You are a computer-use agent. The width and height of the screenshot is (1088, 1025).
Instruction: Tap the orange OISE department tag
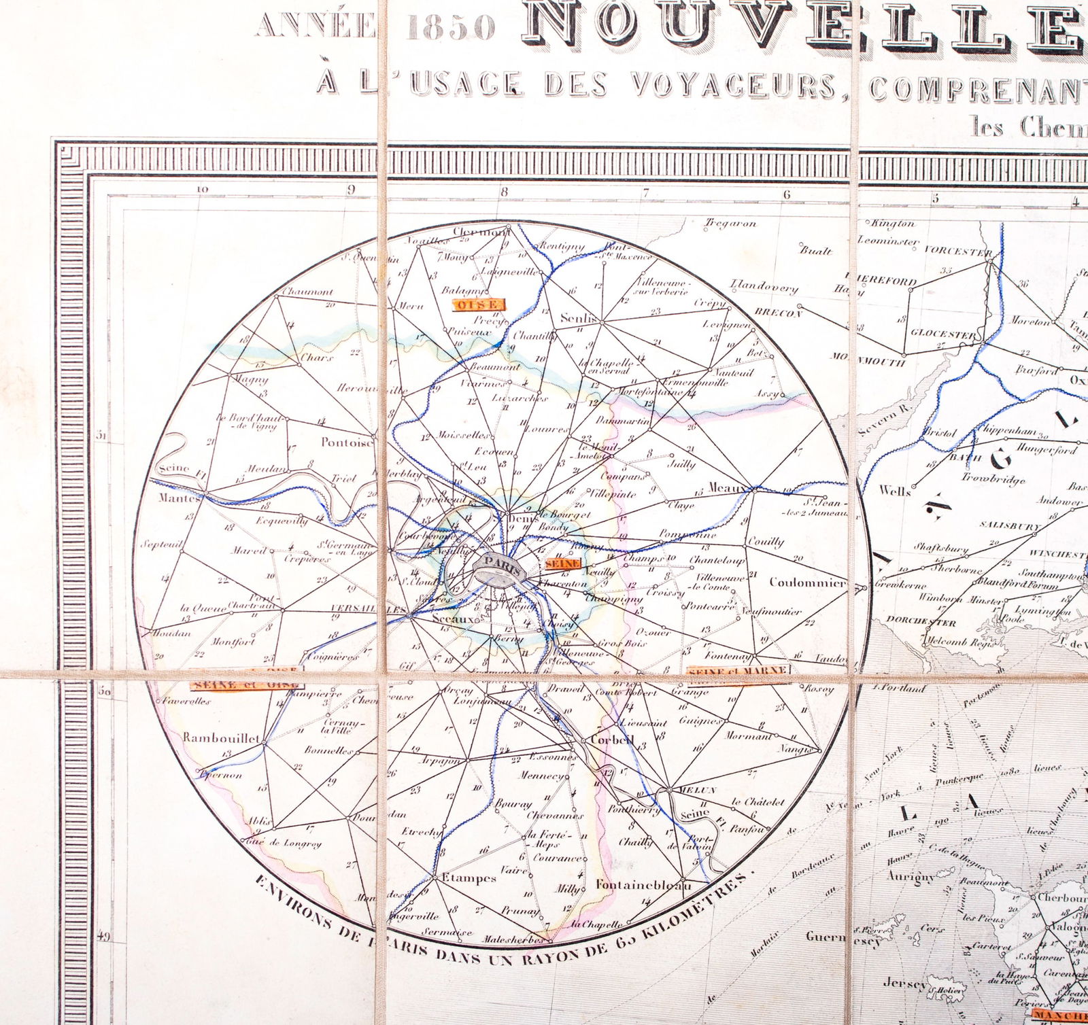pyautogui.click(x=479, y=305)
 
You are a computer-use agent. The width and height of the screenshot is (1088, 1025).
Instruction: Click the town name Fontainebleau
pyautogui.click(x=643, y=885)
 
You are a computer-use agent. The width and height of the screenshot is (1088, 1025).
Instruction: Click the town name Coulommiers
pyautogui.click(x=808, y=583)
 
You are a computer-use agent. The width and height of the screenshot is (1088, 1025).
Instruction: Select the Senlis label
pyautogui.click(x=579, y=318)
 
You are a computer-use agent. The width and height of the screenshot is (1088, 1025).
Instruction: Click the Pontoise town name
pyautogui.click(x=347, y=442)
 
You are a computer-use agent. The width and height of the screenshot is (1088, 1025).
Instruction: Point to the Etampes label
pyautogui.click(x=469, y=878)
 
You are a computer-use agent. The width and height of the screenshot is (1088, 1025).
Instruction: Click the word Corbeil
pyautogui.click(x=612, y=740)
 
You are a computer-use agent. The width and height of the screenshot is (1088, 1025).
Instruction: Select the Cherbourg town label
pyautogui.click(x=1064, y=897)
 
